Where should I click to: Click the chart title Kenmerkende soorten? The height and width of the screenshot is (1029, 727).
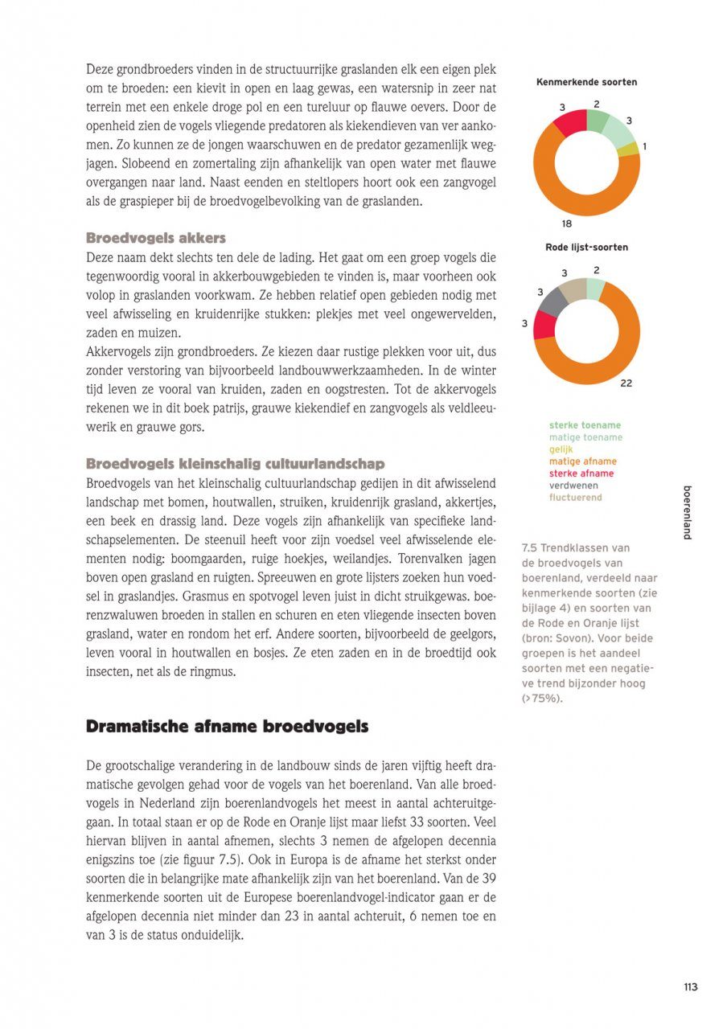[x=586, y=82]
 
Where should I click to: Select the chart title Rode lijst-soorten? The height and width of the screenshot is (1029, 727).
[x=586, y=247]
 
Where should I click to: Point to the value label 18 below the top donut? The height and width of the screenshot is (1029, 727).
[x=566, y=223]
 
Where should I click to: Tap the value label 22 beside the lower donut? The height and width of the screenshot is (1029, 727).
[x=626, y=383]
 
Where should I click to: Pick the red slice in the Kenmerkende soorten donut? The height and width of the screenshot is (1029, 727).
[x=568, y=122]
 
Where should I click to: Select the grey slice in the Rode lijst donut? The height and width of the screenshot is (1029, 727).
[x=553, y=300]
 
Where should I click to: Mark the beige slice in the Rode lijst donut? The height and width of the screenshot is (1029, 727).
[x=573, y=288]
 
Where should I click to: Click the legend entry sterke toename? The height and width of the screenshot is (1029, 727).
[x=585, y=425]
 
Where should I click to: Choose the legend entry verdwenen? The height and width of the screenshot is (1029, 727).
[x=574, y=486]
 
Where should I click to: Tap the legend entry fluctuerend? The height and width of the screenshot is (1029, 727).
[x=575, y=498]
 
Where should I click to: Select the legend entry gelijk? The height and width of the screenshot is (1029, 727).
[x=562, y=449]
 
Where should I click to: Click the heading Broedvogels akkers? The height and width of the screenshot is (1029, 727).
[x=156, y=238]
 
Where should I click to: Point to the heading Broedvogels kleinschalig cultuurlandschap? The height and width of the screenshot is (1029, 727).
[x=236, y=464]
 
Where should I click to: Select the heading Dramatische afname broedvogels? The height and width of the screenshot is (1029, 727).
[x=227, y=727]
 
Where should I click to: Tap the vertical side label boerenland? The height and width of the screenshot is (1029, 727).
[x=687, y=513]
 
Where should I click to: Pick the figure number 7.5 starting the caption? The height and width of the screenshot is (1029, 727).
[x=529, y=548]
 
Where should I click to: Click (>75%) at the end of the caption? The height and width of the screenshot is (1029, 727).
[x=543, y=699]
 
